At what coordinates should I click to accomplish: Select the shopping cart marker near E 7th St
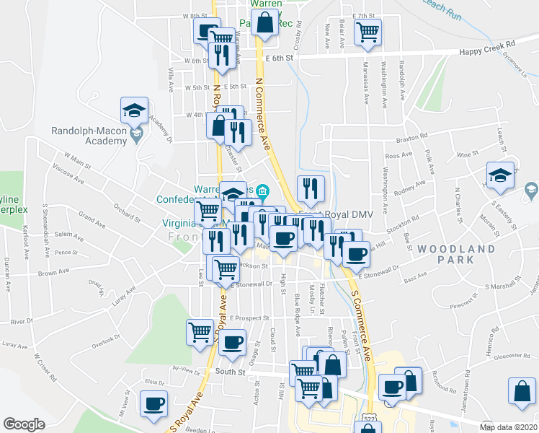tap(368, 31)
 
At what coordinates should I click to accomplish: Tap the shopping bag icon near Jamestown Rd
tap(521, 391)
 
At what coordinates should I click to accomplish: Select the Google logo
tap(24, 424)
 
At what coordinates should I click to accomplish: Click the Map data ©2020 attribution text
tap(509, 427)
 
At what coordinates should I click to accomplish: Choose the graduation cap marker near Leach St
tap(499, 175)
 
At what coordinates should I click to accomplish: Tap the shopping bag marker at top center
tap(266, 23)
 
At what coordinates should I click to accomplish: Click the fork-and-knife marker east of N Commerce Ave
tap(311, 188)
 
